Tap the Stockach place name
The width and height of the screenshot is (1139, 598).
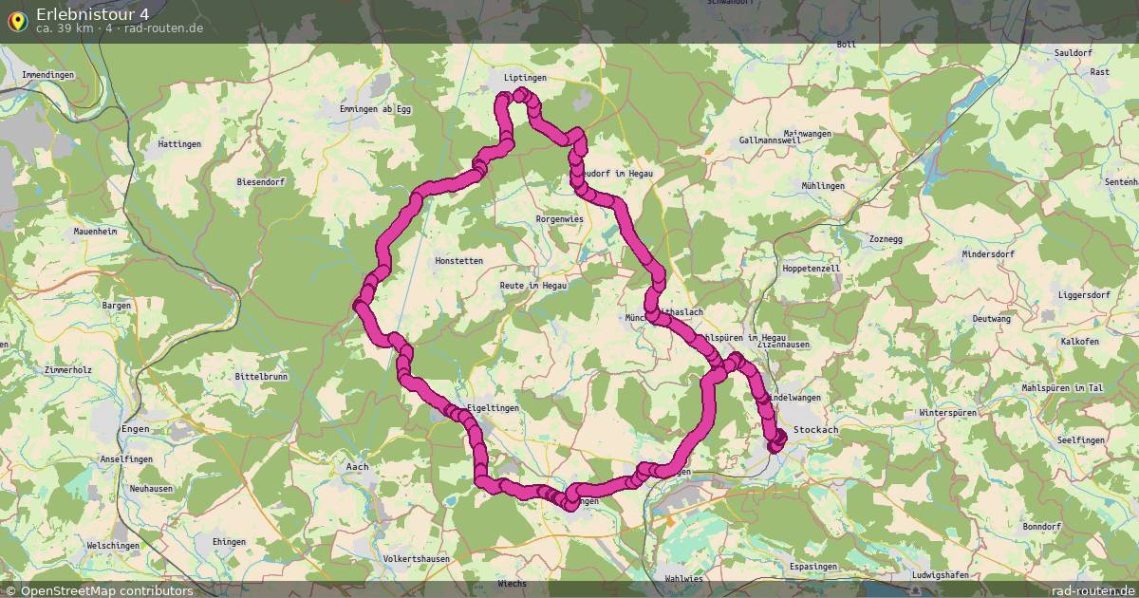tap(816, 430)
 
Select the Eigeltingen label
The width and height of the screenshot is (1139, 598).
tap(492, 408)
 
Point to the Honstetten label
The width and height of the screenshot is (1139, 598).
tap(458, 260)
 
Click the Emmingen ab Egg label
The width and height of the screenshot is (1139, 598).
tap(376, 109)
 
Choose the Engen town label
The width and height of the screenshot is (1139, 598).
tap(135, 429)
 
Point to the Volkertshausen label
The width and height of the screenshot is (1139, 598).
tap(416, 559)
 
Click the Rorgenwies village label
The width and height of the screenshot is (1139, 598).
tap(560, 218)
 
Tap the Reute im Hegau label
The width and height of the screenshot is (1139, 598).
tap(533, 285)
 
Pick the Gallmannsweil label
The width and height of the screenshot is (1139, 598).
tap(771, 140)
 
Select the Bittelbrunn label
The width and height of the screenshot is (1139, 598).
tap(260, 377)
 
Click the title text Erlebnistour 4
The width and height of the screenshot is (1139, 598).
tap(92, 13)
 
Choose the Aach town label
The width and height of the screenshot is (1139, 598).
tap(357, 467)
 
